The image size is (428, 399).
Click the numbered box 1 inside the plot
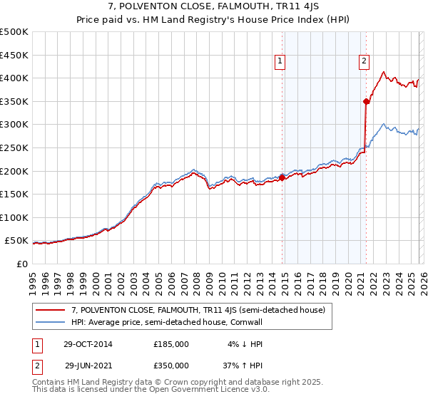(x=280, y=62)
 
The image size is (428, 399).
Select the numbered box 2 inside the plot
(x=364, y=62)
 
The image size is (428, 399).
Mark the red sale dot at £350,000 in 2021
(x=366, y=101)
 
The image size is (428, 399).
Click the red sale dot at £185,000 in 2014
(x=282, y=178)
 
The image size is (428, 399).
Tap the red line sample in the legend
(x=51, y=310)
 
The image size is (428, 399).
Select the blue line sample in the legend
(x=51, y=323)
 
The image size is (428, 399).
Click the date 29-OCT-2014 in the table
(x=88, y=343)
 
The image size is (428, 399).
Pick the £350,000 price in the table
(x=171, y=365)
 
